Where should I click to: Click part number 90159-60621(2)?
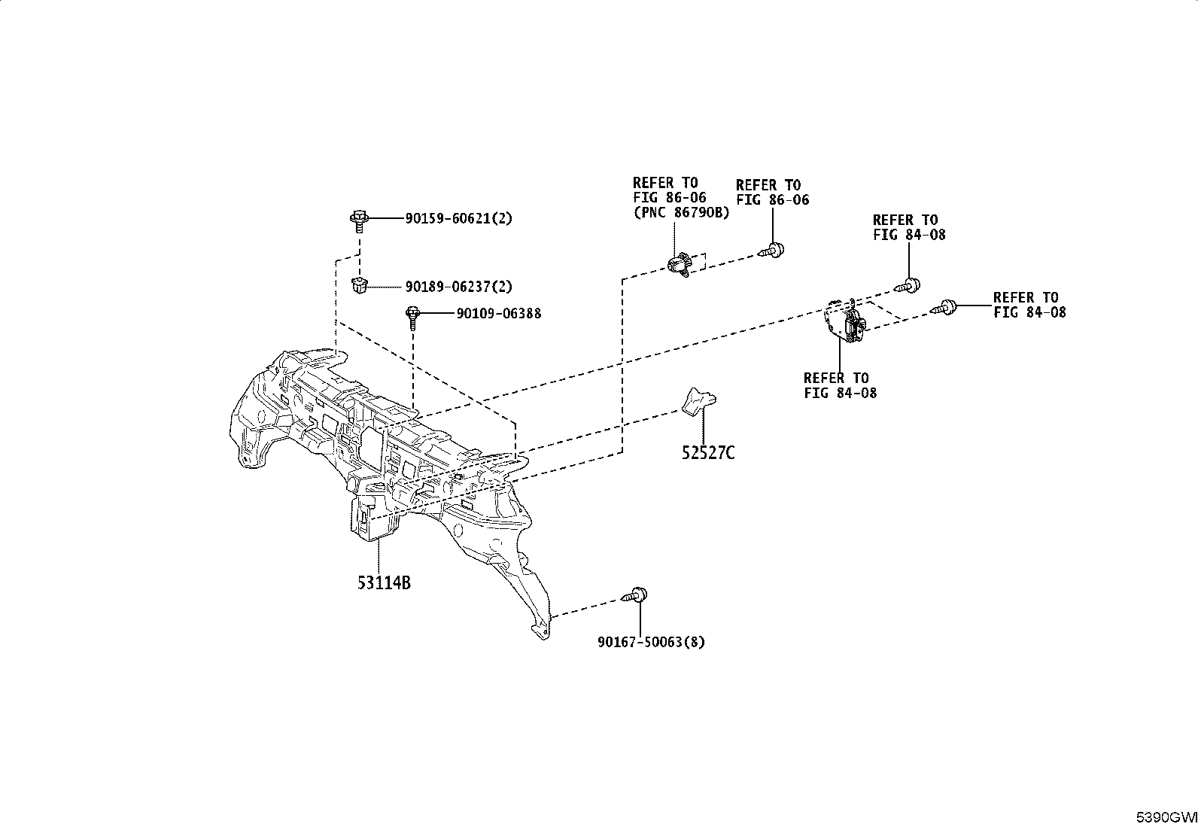[x=458, y=218]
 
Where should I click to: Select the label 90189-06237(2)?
[x=458, y=287]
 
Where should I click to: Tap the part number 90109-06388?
[x=498, y=314]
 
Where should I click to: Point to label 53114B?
[x=384, y=582]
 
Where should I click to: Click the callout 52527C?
[x=708, y=453]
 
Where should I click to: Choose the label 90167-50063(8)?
[x=651, y=642]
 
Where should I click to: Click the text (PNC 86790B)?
[x=681, y=212]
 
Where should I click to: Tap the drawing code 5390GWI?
[x=1166, y=818]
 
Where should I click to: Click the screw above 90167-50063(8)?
[x=635, y=594]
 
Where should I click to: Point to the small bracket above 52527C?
[x=698, y=401]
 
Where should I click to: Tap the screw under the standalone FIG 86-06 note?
[x=772, y=250]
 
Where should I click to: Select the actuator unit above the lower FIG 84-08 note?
[x=845, y=321]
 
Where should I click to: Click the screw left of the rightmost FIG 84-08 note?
[x=943, y=307]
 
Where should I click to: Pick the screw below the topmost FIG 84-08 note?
[x=908, y=286]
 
